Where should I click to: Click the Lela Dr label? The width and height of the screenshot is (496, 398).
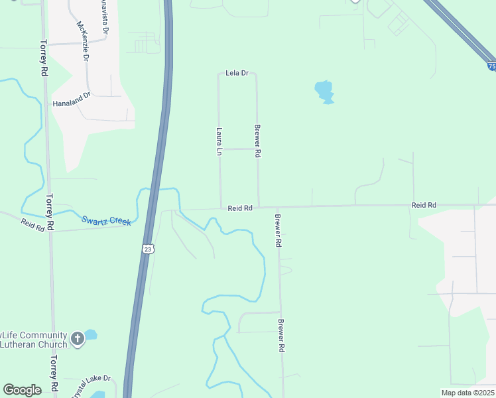237,73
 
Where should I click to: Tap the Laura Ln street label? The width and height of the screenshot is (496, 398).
218,141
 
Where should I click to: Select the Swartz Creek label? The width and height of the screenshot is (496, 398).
106,220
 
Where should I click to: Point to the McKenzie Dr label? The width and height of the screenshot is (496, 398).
83,41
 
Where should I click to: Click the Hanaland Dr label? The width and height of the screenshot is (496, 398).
71,103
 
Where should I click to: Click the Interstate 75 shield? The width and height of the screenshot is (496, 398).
491,66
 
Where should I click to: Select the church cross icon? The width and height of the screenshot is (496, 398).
77,339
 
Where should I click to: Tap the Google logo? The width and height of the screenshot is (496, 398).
22,390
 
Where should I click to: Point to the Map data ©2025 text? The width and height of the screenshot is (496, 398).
467,393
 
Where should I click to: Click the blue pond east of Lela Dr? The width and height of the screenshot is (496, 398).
324,92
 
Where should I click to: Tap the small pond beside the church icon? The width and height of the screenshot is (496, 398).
91,335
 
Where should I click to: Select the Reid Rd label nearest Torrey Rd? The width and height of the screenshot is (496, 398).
32,226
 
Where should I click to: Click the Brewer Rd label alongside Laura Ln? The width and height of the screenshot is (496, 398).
258,141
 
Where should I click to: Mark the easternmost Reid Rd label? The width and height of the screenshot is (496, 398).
423,206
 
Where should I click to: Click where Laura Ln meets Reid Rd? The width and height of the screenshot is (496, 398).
221,208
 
